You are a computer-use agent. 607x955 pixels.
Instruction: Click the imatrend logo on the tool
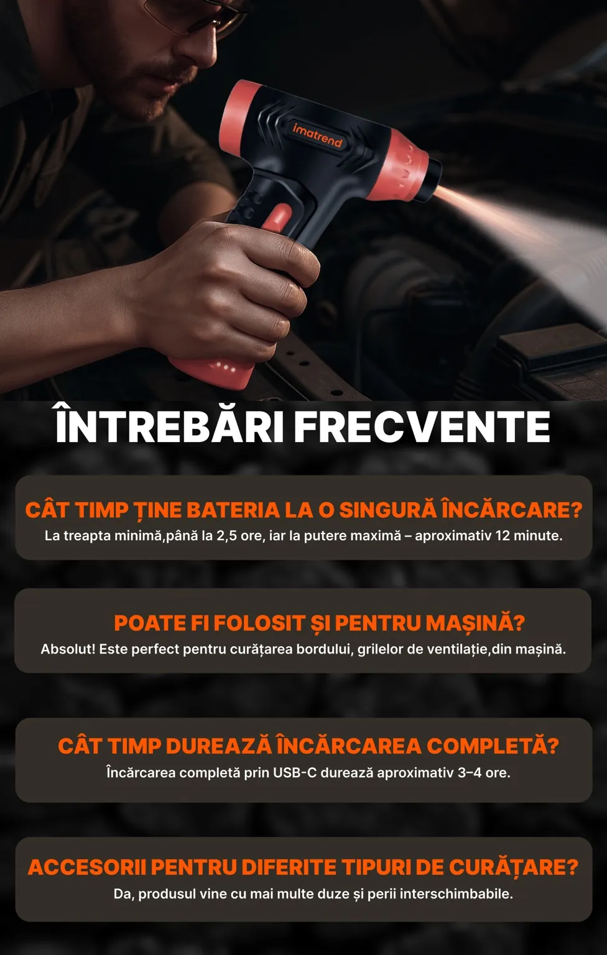click(317, 135)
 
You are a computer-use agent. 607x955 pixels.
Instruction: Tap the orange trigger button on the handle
click(278, 217)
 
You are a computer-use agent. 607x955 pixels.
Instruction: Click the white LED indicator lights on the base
click(225, 367)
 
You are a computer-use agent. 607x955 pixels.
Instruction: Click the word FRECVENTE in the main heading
click(422, 427)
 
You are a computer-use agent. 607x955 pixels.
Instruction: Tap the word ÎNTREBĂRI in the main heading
click(169, 423)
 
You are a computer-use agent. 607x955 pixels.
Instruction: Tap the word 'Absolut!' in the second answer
click(68, 649)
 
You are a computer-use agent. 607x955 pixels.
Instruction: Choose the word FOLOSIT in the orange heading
click(259, 624)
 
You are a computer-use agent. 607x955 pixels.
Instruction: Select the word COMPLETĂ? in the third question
click(493, 745)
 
